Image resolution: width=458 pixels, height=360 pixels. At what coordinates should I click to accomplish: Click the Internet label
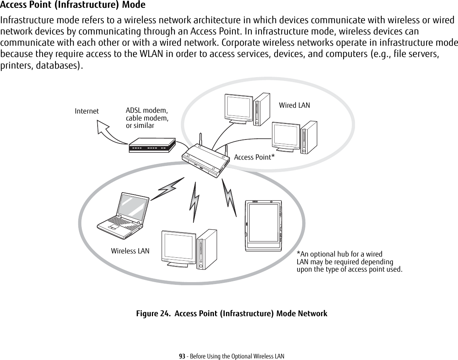click(86, 111)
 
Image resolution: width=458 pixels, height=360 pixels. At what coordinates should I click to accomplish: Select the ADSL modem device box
click(152, 146)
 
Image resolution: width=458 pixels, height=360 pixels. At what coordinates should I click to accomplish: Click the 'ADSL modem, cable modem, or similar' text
click(147, 118)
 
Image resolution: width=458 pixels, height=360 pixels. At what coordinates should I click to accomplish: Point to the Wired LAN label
click(294, 105)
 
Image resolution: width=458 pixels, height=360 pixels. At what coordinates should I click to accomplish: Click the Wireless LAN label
click(130, 251)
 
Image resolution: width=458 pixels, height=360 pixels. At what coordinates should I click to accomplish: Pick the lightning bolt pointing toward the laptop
click(167, 189)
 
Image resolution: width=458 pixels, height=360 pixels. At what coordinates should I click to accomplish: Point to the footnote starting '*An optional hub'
click(349, 262)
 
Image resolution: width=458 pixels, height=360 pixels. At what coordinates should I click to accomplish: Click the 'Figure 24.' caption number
click(153, 313)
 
